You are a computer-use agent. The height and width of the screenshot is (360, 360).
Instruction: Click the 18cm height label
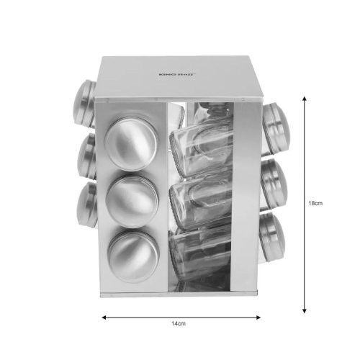315,203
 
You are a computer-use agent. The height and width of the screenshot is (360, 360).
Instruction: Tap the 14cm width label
179,323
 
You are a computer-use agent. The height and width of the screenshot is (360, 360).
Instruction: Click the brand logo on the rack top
177,74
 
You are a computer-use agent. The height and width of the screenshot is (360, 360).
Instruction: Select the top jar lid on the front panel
131,144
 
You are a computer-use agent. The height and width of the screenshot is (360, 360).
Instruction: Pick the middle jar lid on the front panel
132,202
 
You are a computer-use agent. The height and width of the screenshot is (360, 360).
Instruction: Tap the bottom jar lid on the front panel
133,257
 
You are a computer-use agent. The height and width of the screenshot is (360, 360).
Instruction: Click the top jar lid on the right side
276,128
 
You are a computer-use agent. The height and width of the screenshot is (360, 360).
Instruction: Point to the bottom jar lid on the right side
272,238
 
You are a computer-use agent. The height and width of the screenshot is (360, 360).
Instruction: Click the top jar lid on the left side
85,103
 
